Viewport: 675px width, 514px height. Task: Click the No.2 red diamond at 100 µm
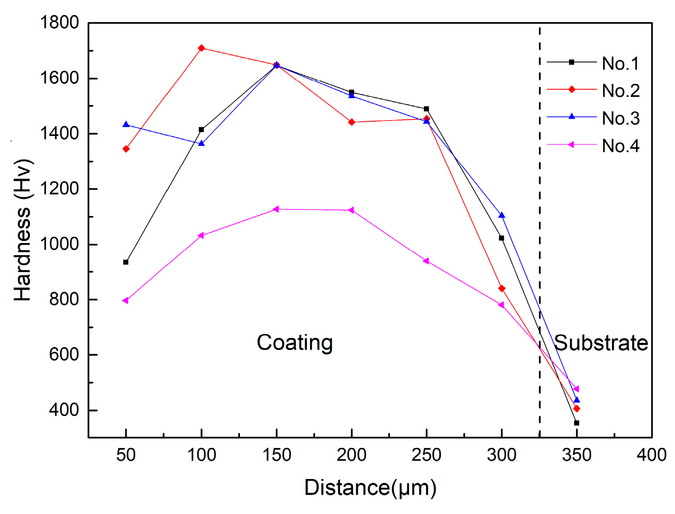[201, 48]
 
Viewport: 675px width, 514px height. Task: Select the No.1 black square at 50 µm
[126, 262]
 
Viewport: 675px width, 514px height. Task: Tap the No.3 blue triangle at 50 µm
[126, 125]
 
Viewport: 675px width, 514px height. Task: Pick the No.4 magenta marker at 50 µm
[125, 300]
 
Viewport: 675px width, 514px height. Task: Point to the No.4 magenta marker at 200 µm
[351, 210]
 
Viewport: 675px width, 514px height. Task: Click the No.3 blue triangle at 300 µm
[501, 215]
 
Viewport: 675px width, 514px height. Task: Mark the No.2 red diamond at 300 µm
[501, 288]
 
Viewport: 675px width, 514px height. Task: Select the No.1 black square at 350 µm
[577, 423]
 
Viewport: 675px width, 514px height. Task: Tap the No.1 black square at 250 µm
[426, 109]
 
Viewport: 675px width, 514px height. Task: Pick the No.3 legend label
[620, 118]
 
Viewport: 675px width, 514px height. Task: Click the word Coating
[295, 343]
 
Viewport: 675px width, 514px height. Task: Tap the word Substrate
[601, 343]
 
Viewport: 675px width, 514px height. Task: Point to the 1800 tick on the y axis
[59, 22]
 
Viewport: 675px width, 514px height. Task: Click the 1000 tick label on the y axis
[59, 244]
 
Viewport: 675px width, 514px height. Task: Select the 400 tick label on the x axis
[651, 455]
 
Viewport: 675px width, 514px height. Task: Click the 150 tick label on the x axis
[276, 455]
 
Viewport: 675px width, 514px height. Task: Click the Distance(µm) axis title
[370, 487]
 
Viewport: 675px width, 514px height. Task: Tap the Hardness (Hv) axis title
[23, 230]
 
